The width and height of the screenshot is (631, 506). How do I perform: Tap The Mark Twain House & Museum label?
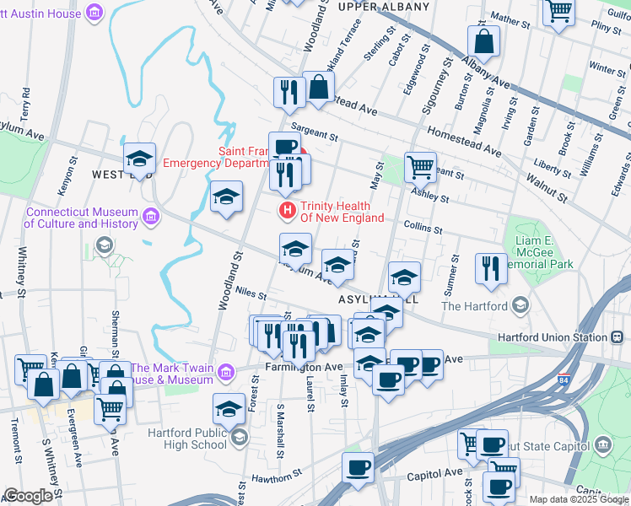(172, 373)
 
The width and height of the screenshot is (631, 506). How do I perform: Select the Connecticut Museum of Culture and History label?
(80, 218)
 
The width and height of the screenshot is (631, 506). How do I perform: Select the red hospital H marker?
(288, 209)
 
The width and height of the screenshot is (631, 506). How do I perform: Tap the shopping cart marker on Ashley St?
(419, 165)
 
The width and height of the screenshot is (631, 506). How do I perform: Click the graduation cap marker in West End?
(139, 157)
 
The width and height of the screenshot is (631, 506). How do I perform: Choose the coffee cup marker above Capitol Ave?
(358, 467)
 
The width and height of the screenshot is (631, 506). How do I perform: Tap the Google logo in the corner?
(28, 495)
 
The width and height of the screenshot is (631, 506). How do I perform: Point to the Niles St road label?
(251, 295)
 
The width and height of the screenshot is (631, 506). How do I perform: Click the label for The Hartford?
(474, 306)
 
